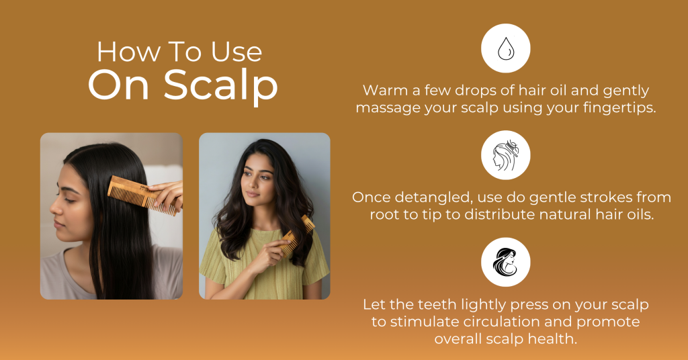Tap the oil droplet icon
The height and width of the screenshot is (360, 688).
(506, 48)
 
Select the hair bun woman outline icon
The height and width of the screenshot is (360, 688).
(506, 155)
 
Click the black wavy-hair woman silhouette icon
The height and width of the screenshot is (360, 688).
(506, 262)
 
